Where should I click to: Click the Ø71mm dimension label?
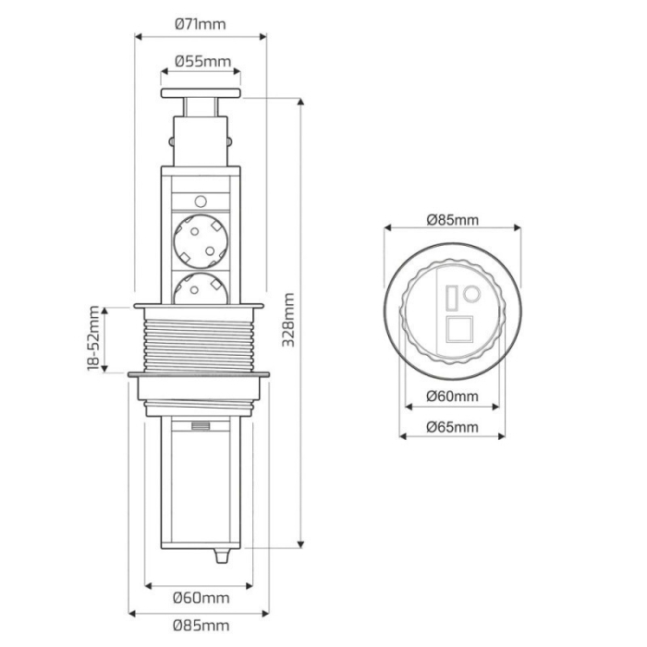point(201,24)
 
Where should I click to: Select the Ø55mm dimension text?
point(201,62)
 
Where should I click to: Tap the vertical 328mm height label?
point(288,320)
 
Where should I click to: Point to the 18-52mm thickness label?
point(93,340)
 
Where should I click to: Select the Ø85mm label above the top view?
point(452,219)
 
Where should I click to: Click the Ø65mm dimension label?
point(452,426)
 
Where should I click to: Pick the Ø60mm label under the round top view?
point(452,397)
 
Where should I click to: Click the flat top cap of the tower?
point(201,92)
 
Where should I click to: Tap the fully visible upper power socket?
point(201,238)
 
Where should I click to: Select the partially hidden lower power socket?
point(201,288)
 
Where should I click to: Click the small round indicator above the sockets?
point(201,200)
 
